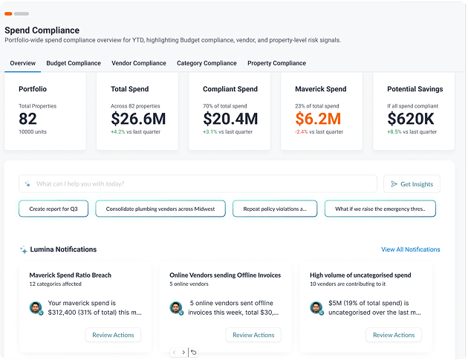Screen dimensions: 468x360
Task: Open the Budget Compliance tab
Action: [x=74, y=63]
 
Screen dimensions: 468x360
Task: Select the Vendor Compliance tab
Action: [x=139, y=63]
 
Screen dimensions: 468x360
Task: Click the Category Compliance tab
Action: [x=207, y=63]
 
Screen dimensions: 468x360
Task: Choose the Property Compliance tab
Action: [x=276, y=63]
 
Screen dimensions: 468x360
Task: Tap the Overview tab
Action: [x=23, y=63]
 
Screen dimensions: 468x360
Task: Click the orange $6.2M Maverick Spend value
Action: [x=318, y=119]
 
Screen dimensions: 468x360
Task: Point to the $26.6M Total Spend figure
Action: [x=138, y=119]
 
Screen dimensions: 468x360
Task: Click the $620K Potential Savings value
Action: [x=411, y=119]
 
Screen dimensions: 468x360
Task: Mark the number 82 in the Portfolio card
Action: [x=27, y=119]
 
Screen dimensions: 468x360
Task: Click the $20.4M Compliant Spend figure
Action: [x=230, y=119]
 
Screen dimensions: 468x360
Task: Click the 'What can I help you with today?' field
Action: [x=198, y=184]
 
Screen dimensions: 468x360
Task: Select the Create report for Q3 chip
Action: [x=53, y=209]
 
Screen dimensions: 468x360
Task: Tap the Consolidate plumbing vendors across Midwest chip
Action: [x=160, y=209]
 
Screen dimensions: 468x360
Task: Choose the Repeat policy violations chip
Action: [x=275, y=209]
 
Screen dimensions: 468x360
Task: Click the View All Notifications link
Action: [x=410, y=249]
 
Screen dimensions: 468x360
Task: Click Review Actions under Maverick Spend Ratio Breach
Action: [x=113, y=335]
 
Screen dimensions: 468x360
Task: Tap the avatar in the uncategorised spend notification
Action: [x=316, y=308]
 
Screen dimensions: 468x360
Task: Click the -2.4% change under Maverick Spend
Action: [x=301, y=132]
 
